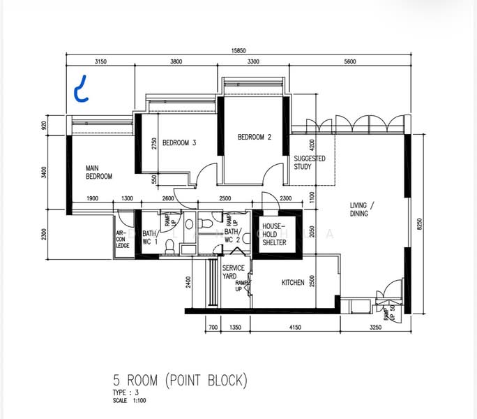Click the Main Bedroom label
click(x=98, y=172)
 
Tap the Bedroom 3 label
click(x=179, y=143)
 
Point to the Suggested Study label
click(x=309, y=163)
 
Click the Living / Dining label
click(x=363, y=209)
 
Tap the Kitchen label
click(x=293, y=283)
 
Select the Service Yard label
click(x=233, y=272)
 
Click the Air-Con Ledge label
click(x=123, y=240)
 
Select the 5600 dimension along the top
click(x=349, y=62)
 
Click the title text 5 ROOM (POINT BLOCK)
click(x=180, y=381)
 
